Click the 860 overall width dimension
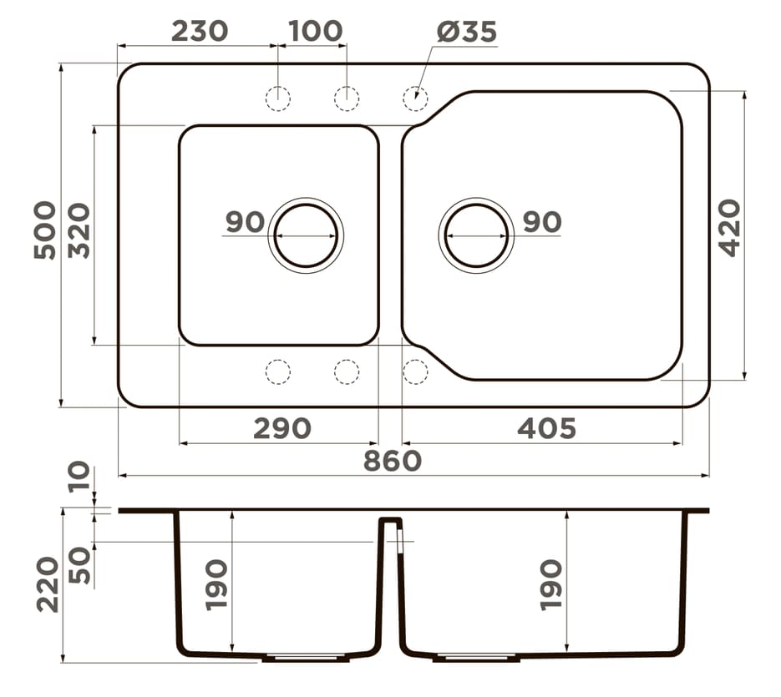click(393, 461)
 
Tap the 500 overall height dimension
click(45, 230)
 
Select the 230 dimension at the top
click(200, 32)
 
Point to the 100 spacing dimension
click(316, 32)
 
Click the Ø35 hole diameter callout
click(467, 32)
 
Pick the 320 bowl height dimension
click(79, 230)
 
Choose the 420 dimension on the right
click(731, 228)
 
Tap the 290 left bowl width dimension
click(282, 429)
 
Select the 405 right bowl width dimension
click(546, 429)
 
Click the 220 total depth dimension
click(48, 584)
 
